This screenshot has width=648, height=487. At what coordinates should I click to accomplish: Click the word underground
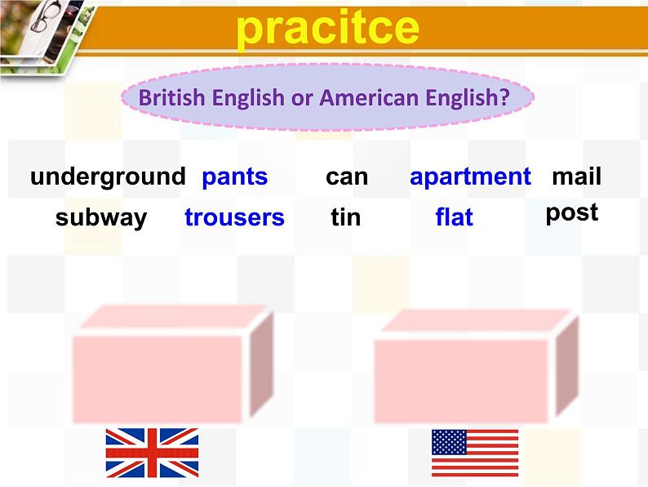tap(108, 177)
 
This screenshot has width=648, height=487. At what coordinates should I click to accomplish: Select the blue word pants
tap(234, 177)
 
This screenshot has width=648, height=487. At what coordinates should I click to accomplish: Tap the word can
tap(347, 177)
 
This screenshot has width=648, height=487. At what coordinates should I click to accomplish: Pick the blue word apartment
tap(470, 177)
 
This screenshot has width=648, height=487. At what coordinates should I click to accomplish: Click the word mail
tap(576, 177)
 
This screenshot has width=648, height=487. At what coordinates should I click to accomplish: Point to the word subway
tap(101, 218)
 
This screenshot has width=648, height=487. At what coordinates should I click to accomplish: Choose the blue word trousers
tap(234, 218)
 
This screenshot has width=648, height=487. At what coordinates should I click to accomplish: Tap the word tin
tap(346, 218)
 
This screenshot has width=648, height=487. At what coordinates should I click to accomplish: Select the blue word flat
tap(454, 218)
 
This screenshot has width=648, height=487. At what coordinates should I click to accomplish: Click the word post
tap(572, 213)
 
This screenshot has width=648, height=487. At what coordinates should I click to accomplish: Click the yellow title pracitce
tap(327, 28)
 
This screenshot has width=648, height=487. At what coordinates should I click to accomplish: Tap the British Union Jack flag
tap(152, 453)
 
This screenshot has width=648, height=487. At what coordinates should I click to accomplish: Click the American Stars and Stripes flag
tap(474, 453)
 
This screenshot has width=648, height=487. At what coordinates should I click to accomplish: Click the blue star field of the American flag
tap(449, 442)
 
